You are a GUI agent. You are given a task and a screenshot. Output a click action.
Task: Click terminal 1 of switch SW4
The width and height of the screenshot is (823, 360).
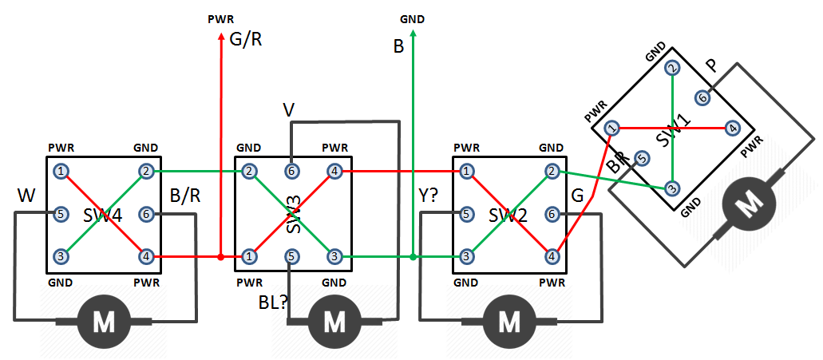point(60,171)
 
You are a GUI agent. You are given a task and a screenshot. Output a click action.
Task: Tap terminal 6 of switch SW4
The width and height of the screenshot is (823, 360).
point(145,214)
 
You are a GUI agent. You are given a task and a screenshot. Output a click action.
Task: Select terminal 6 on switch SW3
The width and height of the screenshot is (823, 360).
point(292,171)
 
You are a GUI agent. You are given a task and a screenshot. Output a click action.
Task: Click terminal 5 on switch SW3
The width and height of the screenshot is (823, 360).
point(292,256)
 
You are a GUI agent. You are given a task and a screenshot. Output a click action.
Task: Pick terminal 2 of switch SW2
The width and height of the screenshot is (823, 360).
point(551,171)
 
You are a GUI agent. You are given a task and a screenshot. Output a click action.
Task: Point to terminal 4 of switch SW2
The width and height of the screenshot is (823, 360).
point(551,256)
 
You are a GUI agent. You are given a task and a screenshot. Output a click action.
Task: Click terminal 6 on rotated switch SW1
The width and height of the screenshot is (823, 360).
point(702,97)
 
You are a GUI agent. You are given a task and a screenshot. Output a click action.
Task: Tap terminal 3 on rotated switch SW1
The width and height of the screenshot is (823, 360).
point(672,188)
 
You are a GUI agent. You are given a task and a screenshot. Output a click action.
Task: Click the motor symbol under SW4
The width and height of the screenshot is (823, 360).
point(105,322)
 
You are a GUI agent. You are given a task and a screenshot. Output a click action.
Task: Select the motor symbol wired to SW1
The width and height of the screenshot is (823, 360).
point(748,205)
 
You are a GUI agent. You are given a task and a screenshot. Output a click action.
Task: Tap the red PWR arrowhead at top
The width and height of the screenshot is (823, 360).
point(221,39)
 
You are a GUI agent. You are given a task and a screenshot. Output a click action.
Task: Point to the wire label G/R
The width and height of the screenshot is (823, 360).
point(246,39)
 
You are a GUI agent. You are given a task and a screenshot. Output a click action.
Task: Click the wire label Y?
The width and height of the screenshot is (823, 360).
point(429,196)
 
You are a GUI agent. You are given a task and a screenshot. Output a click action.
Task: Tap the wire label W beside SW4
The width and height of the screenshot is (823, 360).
point(26,195)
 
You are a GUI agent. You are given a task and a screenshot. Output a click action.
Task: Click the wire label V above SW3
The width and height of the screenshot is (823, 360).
point(291,109)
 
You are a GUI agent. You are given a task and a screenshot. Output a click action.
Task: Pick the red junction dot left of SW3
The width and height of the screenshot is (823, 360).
point(221,257)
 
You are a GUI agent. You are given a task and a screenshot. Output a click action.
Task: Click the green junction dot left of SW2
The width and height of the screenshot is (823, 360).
point(413,257)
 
